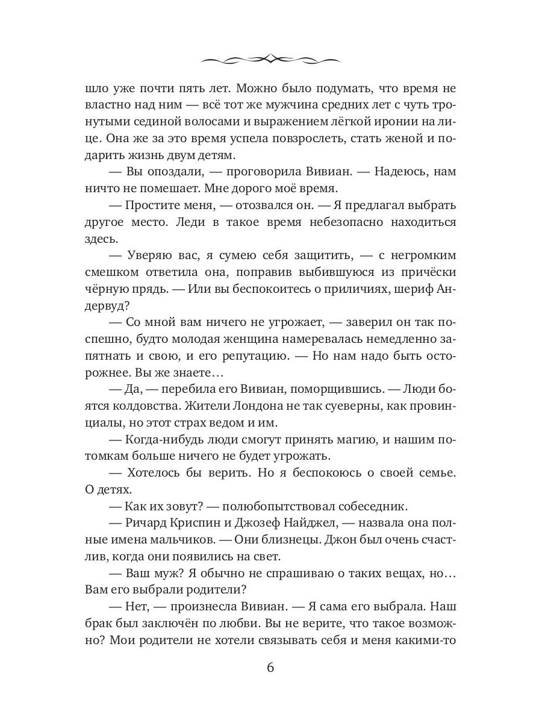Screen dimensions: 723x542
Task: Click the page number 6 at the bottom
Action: pyautogui.click(x=270, y=668)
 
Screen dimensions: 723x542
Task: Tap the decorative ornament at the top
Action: pyautogui.click(x=270, y=58)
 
